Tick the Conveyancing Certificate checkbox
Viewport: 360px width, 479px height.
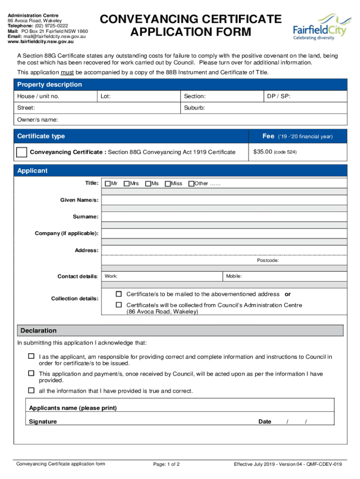pyautogui.click(x=22, y=152)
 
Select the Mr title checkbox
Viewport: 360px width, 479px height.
pyautogui.click(x=108, y=183)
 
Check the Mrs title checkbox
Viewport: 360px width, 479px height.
pyautogui.click(x=127, y=183)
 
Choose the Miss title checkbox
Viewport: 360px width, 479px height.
pyautogui.click(x=168, y=183)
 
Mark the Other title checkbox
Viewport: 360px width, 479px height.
pyautogui.click(x=191, y=183)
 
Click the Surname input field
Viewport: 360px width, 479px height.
pyautogui.click(x=224, y=217)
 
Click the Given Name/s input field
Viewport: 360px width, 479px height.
pyautogui.click(x=224, y=200)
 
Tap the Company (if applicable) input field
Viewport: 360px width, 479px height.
pyautogui.click(x=224, y=233)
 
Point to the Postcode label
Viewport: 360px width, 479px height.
pyautogui.click(x=268, y=260)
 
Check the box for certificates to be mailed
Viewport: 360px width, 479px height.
pyautogui.click(x=119, y=294)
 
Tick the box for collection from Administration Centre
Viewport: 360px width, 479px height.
pyautogui.click(x=119, y=305)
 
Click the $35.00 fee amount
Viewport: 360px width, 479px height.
pyautogui.click(x=262, y=152)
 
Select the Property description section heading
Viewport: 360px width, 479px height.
pyautogui.click(x=50, y=85)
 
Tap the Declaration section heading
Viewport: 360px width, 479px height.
pyautogui.click(x=38, y=331)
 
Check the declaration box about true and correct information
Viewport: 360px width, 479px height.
pyautogui.click(x=31, y=391)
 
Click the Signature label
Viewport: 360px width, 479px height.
pyautogui.click(x=43, y=421)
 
